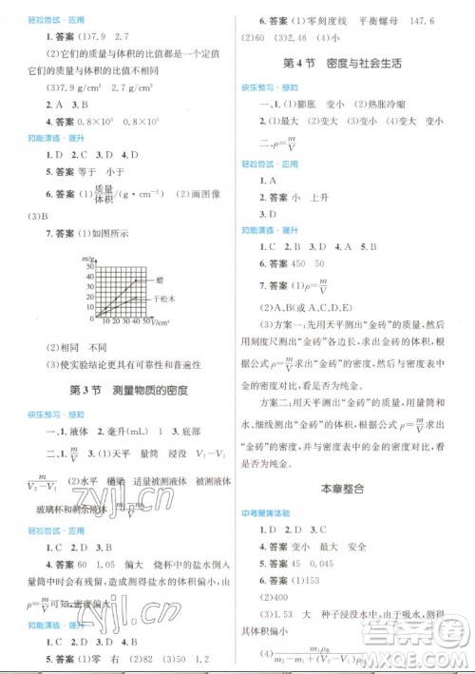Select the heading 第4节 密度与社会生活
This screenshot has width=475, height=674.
click(x=342, y=64)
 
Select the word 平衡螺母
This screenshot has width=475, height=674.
click(x=384, y=16)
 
